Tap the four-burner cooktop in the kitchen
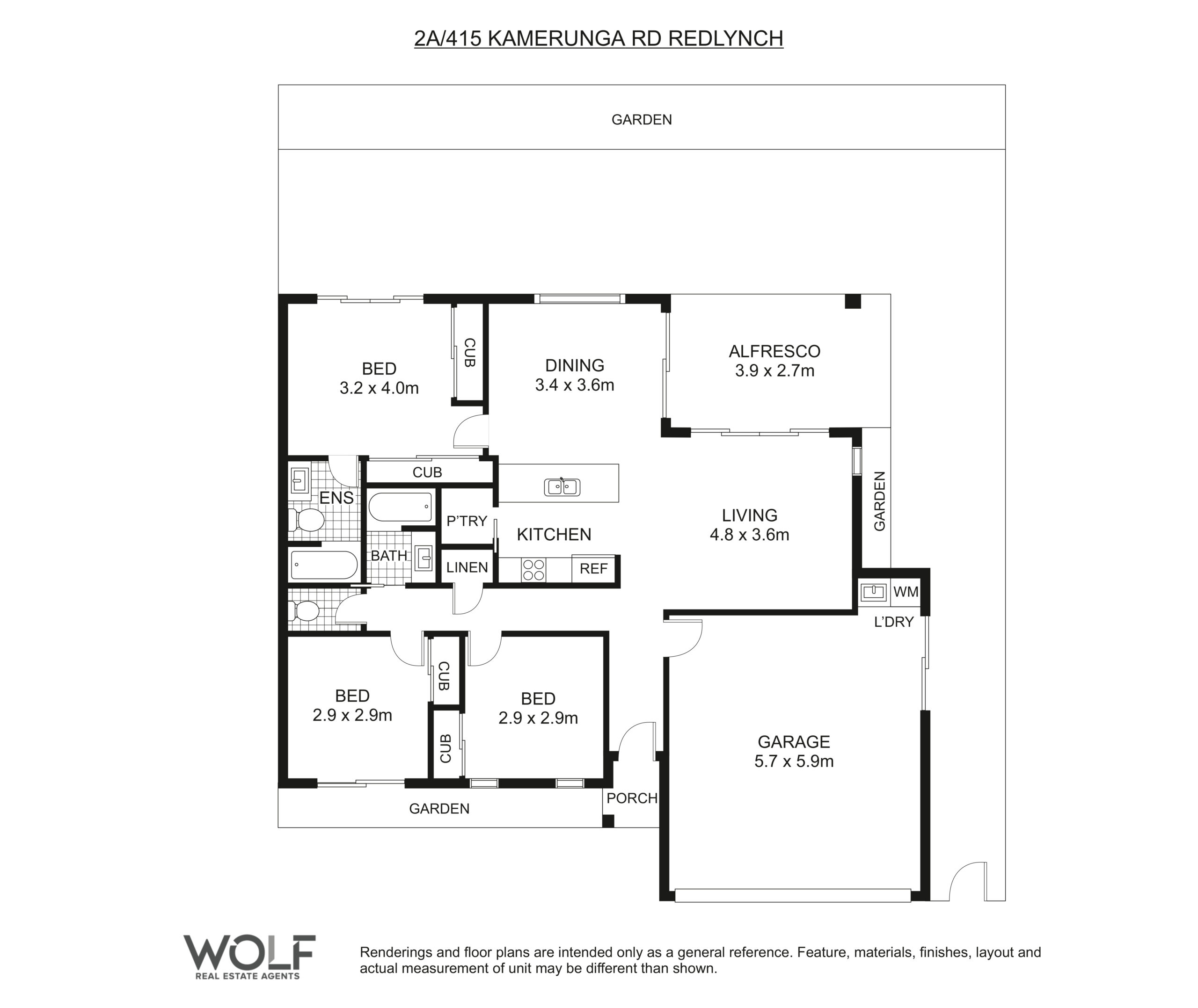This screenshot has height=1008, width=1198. click(533, 570)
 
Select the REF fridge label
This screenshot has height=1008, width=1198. click(593, 569)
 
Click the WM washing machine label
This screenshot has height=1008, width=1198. click(906, 592)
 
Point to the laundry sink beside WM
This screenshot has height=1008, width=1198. click(873, 592)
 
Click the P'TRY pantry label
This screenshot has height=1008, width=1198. click(467, 521)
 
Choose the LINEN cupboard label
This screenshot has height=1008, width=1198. click(467, 567)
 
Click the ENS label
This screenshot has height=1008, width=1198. click(336, 498)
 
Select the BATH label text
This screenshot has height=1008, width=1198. click(389, 555)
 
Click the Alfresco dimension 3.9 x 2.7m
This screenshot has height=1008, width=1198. click(774, 371)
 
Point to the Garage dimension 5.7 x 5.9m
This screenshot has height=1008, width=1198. click(794, 761)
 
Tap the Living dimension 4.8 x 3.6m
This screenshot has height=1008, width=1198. click(749, 535)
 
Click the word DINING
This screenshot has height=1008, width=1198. click(574, 366)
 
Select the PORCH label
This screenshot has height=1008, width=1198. click(632, 798)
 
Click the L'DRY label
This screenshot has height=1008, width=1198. click(894, 622)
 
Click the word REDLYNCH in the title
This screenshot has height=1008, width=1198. click(725, 38)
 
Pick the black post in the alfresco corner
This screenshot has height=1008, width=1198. click(853, 302)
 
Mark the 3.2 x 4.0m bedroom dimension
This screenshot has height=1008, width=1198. click(379, 389)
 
